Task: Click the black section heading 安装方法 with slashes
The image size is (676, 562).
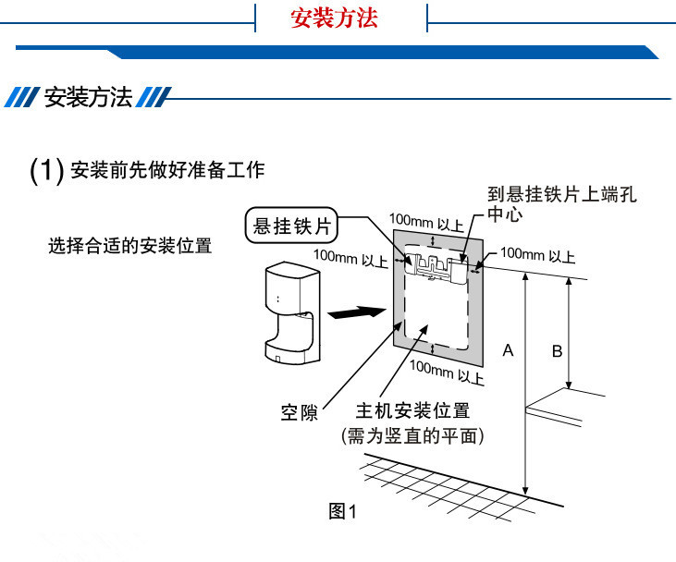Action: tap(89, 98)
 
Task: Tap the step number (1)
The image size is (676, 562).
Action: tap(46, 170)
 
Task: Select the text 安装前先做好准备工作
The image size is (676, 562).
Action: tap(166, 170)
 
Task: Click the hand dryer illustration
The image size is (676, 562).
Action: tap(288, 311)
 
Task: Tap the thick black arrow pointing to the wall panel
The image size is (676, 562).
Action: tap(357, 313)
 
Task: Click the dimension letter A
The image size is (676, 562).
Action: tap(508, 350)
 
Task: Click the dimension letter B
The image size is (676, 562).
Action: tap(557, 350)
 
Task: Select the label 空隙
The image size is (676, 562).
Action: tap(299, 412)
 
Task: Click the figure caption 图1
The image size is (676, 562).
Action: tap(342, 511)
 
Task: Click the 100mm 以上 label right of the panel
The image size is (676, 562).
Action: tap(537, 254)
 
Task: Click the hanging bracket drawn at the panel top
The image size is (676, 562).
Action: tap(439, 269)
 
